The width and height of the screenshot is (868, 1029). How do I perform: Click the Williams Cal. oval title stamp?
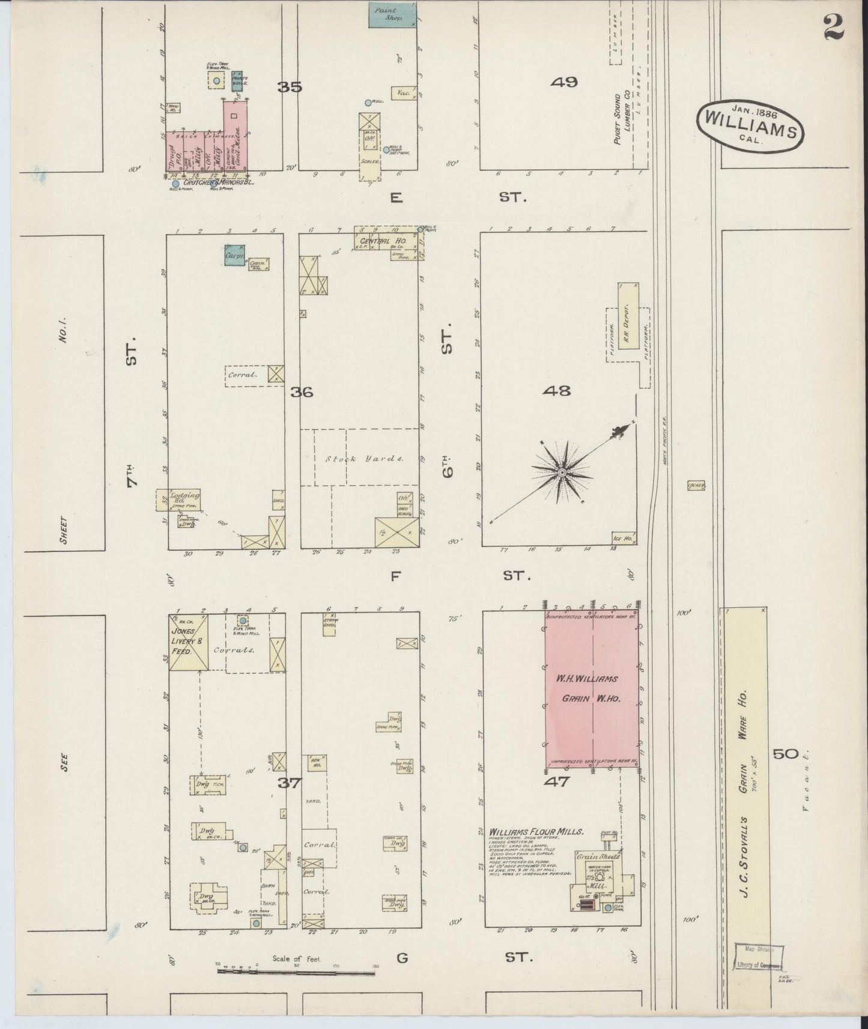751,124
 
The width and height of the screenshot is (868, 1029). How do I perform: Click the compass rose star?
562,472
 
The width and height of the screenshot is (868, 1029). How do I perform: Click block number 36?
302,392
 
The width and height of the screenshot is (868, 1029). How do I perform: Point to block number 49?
564,82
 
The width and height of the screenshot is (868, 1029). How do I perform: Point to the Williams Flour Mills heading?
536,832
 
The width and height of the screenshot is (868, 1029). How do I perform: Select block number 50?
785,754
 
